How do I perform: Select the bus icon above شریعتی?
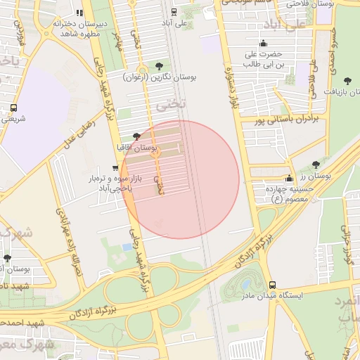coord(13,108)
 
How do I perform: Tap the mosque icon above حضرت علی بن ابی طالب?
coord(263,43)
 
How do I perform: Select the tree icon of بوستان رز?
coord(316,165)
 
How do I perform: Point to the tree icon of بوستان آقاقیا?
coord(136,136)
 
